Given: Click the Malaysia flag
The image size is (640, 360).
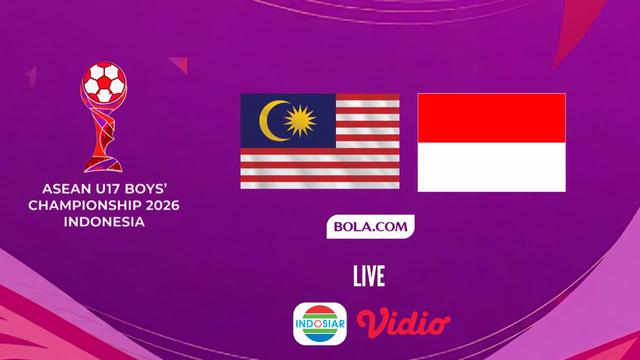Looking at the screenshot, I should click(x=319, y=141).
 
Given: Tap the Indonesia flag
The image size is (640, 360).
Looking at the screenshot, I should click(x=491, y=142).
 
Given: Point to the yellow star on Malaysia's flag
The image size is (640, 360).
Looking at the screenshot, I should click(x=299, y=121).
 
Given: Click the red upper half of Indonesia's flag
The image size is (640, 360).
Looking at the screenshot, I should click(x=491, y=117).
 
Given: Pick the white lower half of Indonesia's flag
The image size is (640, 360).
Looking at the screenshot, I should click(x=491, y=166).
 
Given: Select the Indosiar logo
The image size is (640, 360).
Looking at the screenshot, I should click(x=320, y=323).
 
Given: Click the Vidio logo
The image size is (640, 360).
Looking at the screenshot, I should click(x=404, y=323).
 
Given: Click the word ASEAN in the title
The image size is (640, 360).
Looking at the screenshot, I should click(x=65, y=186).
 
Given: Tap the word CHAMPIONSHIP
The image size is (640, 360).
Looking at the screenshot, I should click(x=88, y=203).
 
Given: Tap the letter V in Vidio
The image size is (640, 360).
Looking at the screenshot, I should click(x=371, y=322).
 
